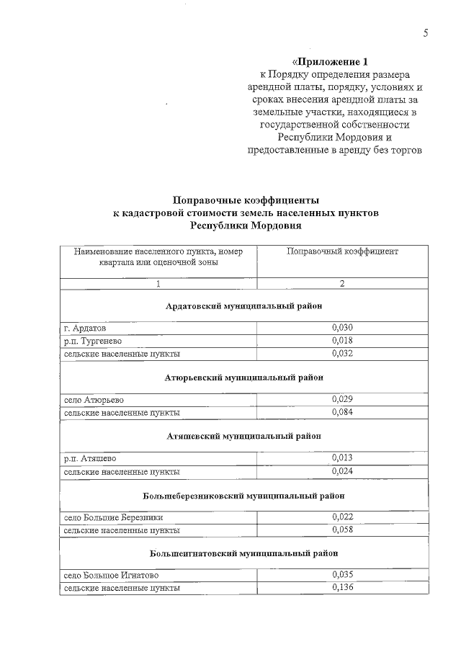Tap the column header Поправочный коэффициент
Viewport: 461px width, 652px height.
click(x=342, y=251)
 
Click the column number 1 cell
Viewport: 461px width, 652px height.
click(x=158, y=284)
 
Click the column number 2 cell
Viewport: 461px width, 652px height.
click(x=342, y=284)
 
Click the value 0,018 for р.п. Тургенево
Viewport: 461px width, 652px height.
click(x=342, y=341)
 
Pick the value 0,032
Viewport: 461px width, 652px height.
click(x=342, y=353)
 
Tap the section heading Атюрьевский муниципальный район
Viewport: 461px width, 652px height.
click(x=243, y=377)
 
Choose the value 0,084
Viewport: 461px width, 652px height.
click(x=342, y=412)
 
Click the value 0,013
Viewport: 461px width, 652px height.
click(x=342, y=458)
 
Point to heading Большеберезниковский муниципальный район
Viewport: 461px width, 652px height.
click(x=243, y=496)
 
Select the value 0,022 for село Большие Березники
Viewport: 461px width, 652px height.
click(x=342, y=517)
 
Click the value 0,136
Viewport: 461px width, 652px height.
click(x=342, y=588)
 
